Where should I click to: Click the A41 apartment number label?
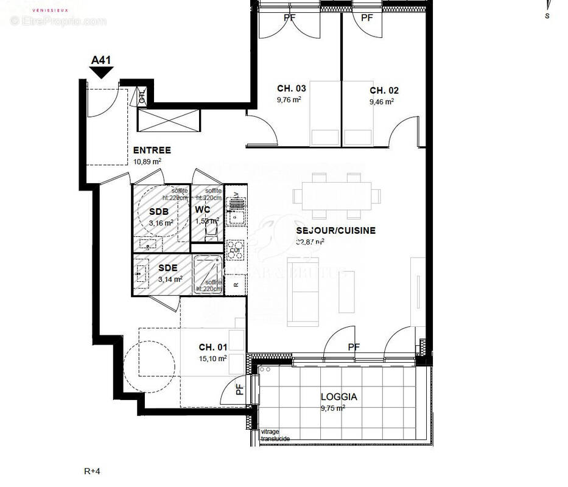(100, 60)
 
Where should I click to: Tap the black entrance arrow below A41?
(101, 72)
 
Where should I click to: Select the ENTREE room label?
(152, 150)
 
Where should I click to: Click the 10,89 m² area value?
(147, 161)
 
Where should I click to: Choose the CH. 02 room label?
(384, 90)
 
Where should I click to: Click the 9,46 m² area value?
(382, 102)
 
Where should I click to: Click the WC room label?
(202, 209)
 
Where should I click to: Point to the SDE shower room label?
(168, 268)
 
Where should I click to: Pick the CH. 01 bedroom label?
(213, 348)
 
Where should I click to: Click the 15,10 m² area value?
(212, 359)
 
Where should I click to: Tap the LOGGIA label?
(339, 397)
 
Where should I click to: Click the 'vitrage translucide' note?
(275, 435)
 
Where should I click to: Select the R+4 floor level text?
(92, 471)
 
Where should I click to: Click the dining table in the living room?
(336, 196)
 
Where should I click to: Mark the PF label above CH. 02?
(366, 18)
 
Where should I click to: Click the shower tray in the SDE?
(208, 274)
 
